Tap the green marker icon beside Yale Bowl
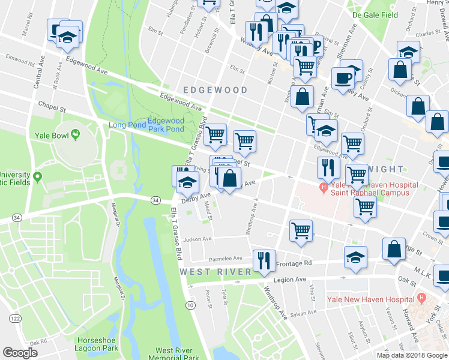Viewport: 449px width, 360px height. click(75, 135)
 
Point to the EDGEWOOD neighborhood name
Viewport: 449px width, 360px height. click(215, 90)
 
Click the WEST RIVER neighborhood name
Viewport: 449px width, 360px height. click(215, 272)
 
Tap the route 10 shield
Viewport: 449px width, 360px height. click(190, 306)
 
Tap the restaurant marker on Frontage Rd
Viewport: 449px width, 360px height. click(264, 260)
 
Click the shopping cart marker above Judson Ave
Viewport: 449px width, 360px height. click(301, 229)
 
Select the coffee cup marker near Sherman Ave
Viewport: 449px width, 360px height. click(343, 78)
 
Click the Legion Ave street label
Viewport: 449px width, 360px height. click(290, 280)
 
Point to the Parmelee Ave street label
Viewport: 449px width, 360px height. click(225, 259)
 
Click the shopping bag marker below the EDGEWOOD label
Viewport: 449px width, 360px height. click(303, 97)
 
